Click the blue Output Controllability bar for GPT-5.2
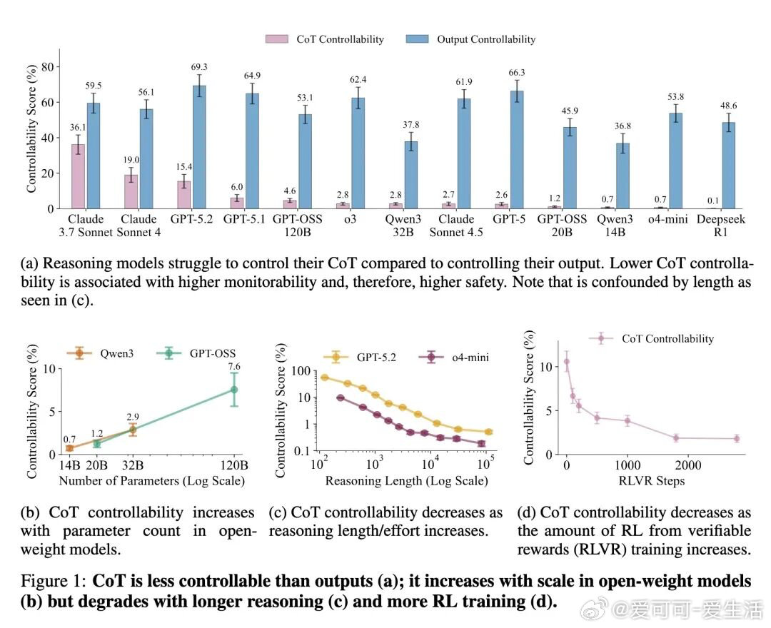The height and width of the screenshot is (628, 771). point(198,147)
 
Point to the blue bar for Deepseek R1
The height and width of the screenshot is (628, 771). point(728,165)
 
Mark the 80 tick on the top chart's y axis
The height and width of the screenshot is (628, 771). point(48,67)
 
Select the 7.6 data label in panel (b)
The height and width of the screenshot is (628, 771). point(233,366)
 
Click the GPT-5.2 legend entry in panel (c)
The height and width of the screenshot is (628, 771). point(366,356)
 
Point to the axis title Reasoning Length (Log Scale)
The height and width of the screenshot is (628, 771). point(406,482)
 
